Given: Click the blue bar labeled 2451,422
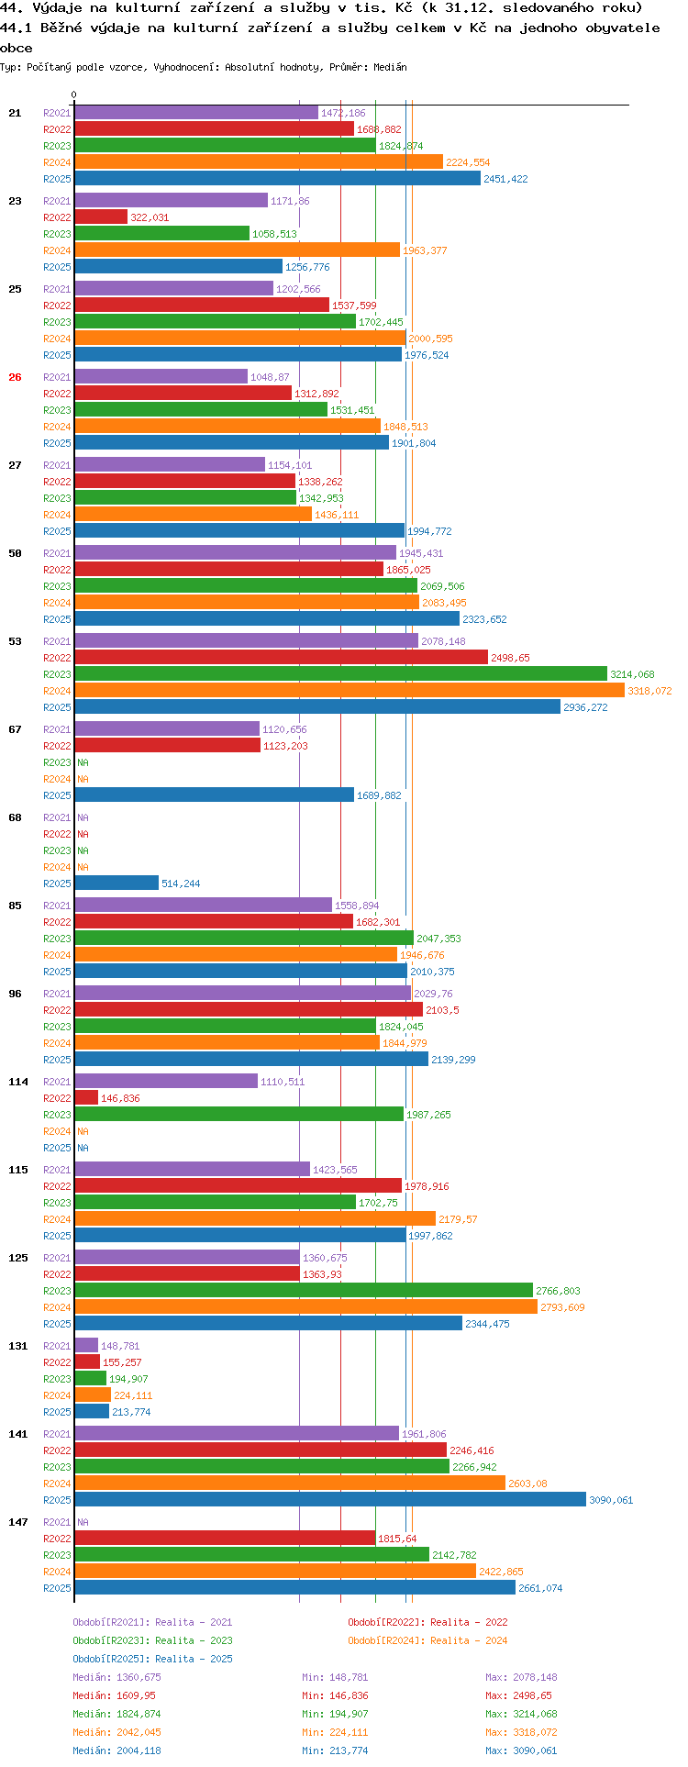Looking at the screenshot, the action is pos(278,179).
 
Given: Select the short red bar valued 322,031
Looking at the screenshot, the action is pos(101,217).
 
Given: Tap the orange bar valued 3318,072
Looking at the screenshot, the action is pos(350,691).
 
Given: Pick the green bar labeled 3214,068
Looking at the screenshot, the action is pos(341,674).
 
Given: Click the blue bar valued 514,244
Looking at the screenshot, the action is pos(117,883).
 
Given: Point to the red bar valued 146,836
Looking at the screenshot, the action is pos(86,1098).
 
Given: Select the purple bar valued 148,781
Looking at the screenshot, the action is pos(86,1346).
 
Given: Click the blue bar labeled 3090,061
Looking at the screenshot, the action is pos(330,1500).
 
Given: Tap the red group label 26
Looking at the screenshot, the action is pos(15,377).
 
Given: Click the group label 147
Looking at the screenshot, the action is pos(18,1522).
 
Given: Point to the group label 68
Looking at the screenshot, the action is pos(15,817).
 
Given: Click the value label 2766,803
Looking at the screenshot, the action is pos(558,1291).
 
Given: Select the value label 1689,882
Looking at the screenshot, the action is pos(379,795).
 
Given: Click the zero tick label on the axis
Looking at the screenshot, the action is pos(74,94).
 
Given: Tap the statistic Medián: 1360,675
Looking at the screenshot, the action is pos(117,1677).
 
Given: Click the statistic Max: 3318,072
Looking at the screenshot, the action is pos(521,1732).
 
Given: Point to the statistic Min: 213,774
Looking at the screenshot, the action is pos(335,1750).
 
